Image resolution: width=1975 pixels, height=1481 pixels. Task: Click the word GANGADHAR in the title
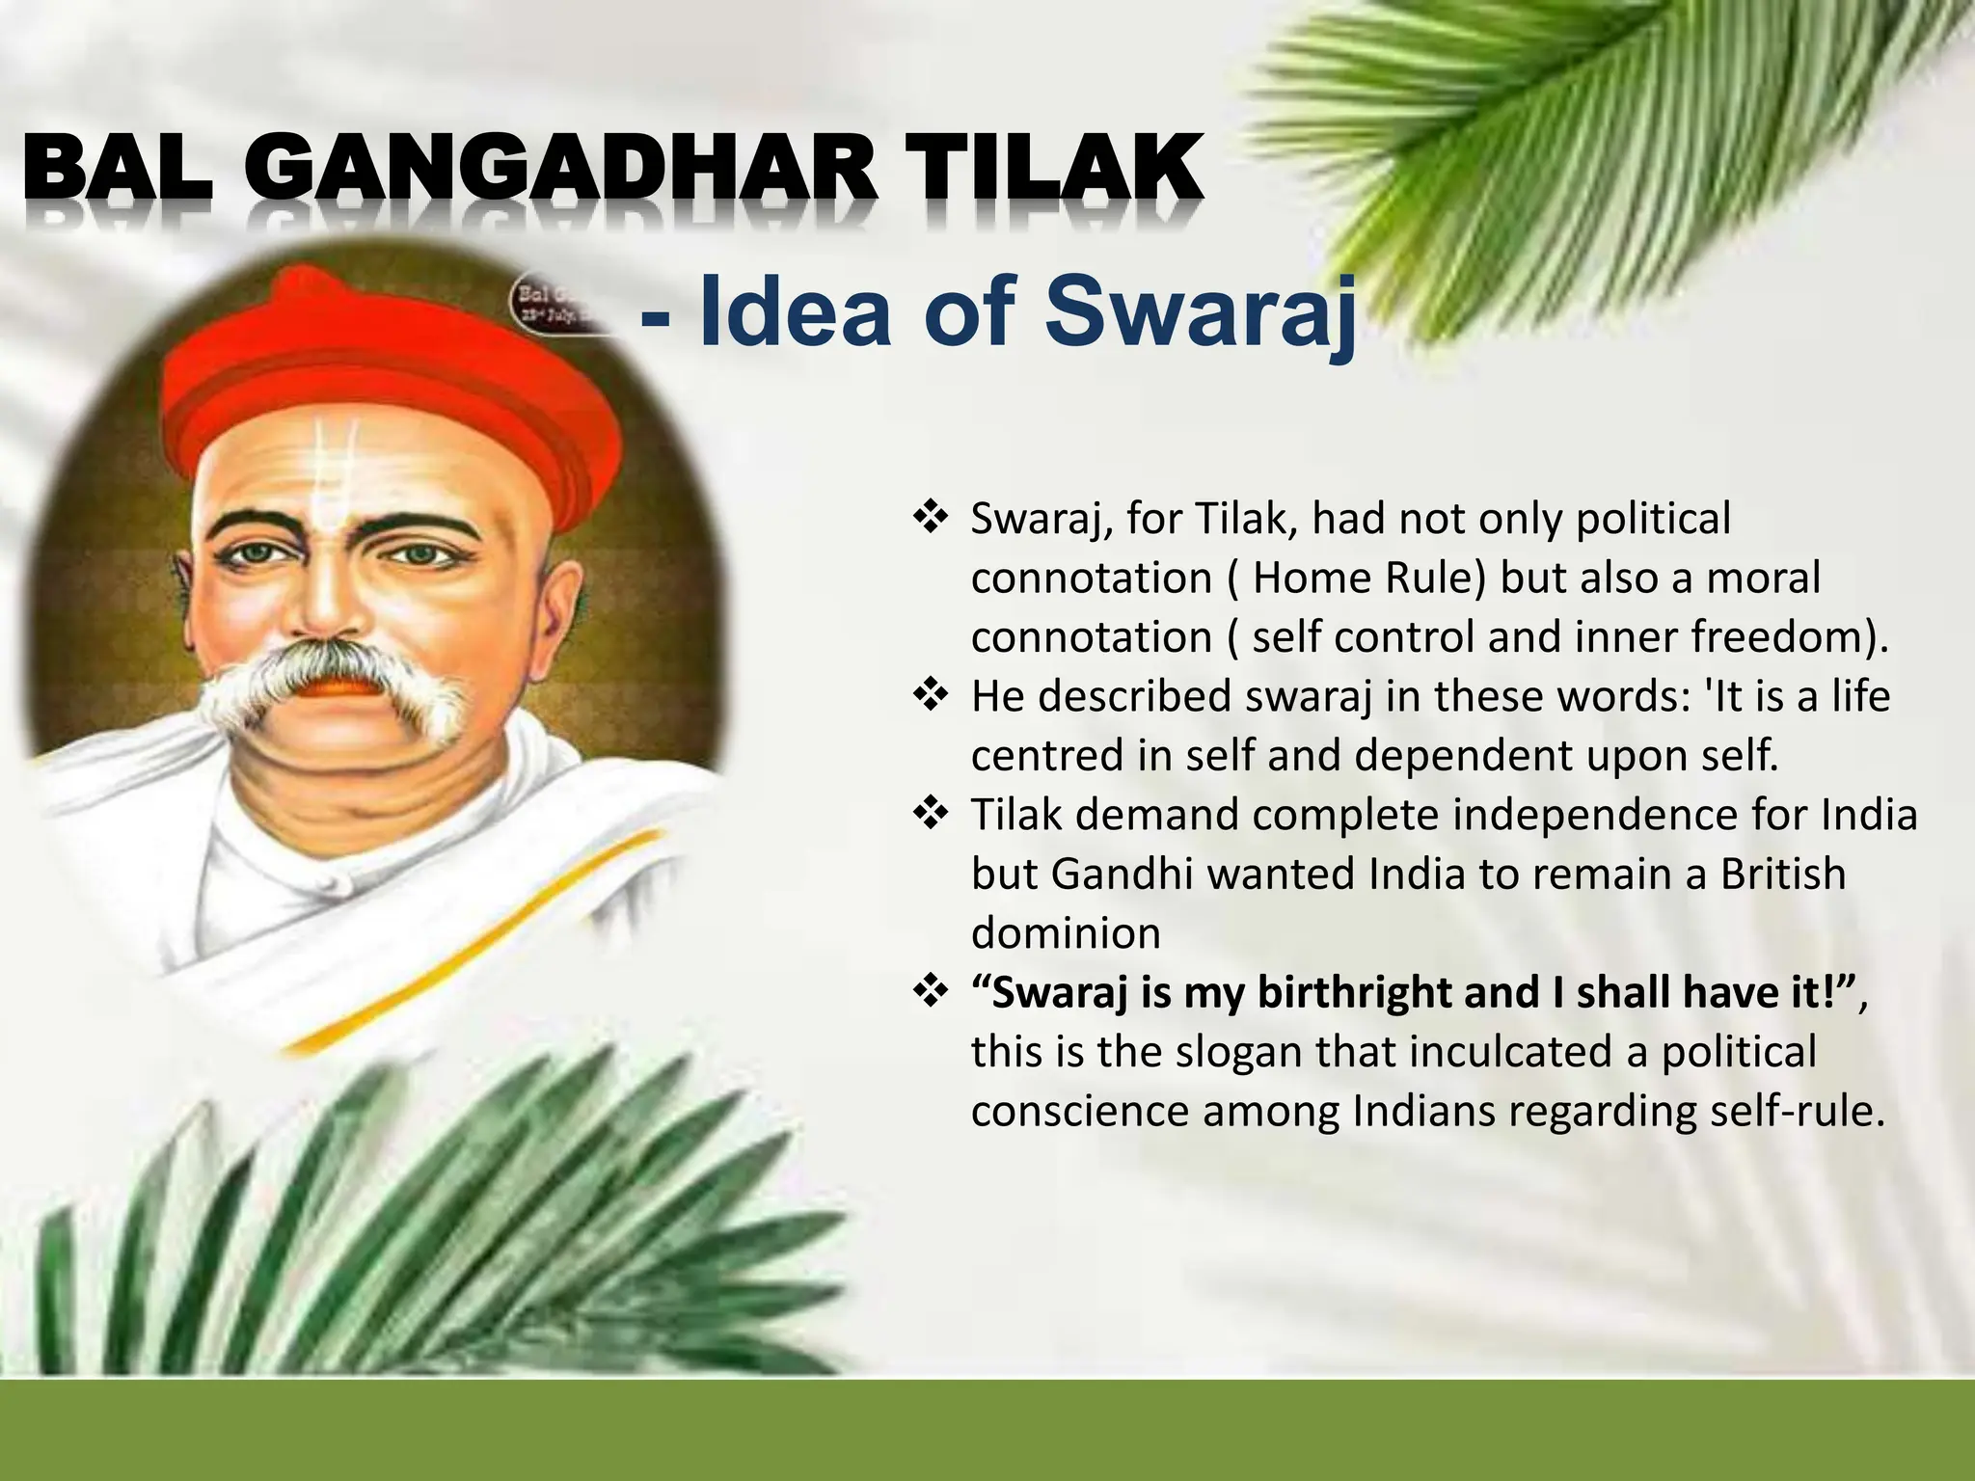point(568,172)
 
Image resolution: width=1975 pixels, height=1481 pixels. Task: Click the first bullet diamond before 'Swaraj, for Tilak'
point(931,519)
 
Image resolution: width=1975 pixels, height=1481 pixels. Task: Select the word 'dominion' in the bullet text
point(1066,933)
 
